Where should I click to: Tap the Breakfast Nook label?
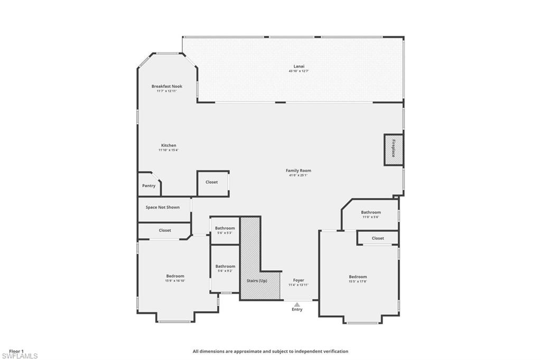[x=166, y=86]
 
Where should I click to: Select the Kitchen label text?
[x=169, y=145]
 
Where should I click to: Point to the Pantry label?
[x=148, y=186]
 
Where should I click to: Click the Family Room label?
[x=298, y=170]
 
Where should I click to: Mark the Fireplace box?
[x=394, y=149]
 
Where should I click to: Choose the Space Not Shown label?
[x=162, y=207]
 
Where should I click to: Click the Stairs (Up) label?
[x=257, y=281]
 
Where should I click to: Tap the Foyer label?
[x=298, y=280]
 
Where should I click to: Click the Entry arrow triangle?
[x=297, y=304]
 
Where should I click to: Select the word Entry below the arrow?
[x=297, y=310]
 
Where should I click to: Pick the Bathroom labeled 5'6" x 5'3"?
[x=225, y=229]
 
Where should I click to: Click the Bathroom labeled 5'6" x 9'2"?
[x=225, y=267]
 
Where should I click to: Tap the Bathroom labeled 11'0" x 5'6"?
[x=371, y=213]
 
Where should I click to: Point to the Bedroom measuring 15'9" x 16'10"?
[x=175, y=276]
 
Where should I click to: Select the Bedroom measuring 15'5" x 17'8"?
[x=357, y=277]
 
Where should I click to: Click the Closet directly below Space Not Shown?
[x=165, y=230]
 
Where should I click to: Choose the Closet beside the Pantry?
[x=211, y=182]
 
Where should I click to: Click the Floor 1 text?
[x=16, y=351]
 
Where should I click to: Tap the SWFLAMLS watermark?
[x=20, y=356]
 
